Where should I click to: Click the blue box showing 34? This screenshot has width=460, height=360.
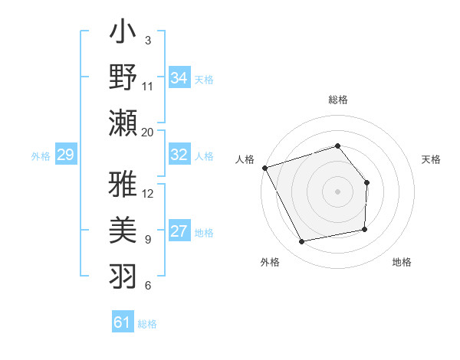[x=179, y=77]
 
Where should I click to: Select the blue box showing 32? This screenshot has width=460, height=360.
[x=179, y=155]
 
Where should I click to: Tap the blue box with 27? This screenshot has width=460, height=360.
[x=179, y=232]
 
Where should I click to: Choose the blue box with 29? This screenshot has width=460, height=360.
[x=65, y=155]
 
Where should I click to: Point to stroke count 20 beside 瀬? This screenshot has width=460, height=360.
[x=148, y=132]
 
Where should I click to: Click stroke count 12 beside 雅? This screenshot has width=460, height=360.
[x=148, y=193]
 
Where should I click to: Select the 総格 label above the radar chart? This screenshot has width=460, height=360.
[x=337, y=100]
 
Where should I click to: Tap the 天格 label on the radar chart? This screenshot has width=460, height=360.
[x=432, y=159]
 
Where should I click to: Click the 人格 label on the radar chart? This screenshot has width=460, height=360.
[x=245, y=159]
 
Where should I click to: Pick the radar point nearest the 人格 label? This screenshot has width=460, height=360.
[x=264, y=168]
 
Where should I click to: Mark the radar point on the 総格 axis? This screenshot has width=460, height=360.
[x=337, y=146]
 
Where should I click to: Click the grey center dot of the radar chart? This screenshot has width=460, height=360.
[x=337, y=191]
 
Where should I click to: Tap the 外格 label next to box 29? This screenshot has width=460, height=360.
[x=41, y=155]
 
